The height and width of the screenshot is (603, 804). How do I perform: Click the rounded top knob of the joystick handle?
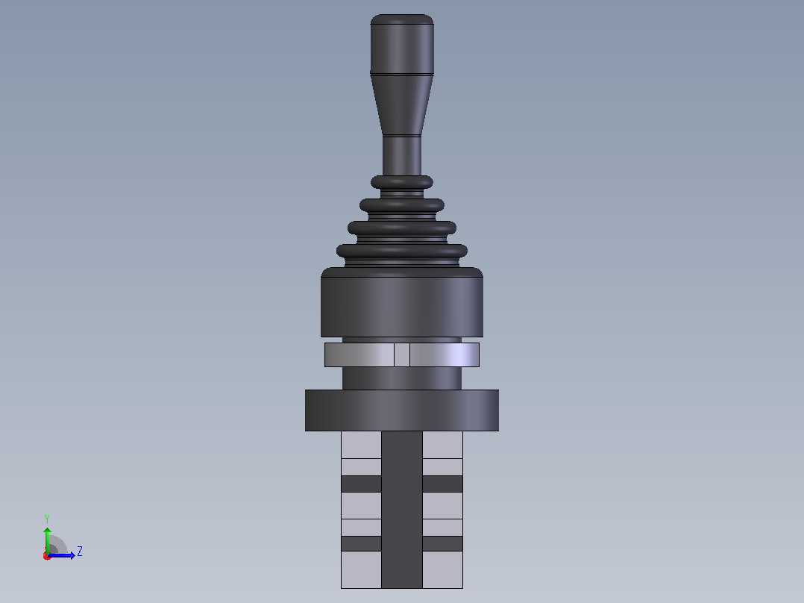point(402,44)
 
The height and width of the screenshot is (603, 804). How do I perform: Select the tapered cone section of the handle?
point(402,105)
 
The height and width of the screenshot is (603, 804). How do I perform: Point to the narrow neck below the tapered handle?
point(402,156)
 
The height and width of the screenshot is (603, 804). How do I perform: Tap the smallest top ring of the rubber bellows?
point(402,182)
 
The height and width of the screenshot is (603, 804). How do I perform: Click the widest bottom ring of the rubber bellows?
point(402,251)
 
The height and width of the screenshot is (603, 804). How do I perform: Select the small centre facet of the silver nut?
point(402,354)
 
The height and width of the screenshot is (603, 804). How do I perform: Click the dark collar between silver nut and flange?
point(402,378)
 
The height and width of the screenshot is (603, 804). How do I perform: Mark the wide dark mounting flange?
point(402,410)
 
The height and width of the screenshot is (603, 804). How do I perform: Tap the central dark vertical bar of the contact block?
point(402,510)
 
